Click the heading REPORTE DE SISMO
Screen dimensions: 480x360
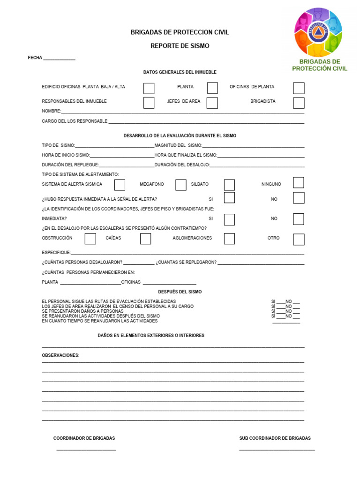(x=180, y=46)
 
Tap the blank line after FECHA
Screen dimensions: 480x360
(x=59, y=59)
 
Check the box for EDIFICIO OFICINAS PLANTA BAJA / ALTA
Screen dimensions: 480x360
(x=149, y=88)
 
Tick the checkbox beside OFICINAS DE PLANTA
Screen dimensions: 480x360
(x=299, y=88)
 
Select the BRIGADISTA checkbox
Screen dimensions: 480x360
(x=299, y=103)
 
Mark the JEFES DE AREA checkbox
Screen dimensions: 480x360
(x=212, y=103)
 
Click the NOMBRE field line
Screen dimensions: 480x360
(x=183, y=112)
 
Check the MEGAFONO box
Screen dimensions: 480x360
(x=181, y=185)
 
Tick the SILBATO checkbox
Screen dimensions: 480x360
(x=229, y=185)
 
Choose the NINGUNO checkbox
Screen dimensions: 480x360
(x=299, y=183)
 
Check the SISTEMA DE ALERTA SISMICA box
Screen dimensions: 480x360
(x=120, y=185)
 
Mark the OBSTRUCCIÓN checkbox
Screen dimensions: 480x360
(x=90, y=239)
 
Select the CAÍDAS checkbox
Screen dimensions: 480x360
(x=146, y=239)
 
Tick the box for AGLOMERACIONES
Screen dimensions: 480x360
(x=229, y=239)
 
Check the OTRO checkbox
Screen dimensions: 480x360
(x=299, y=239)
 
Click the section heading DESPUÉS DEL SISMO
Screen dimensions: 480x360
(x=180, y=292)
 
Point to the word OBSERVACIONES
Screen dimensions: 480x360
(x=61, y=355)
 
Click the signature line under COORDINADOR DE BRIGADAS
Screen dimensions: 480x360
(x=86, y=450)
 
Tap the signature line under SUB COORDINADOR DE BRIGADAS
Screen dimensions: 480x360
(x=277, y=450)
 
